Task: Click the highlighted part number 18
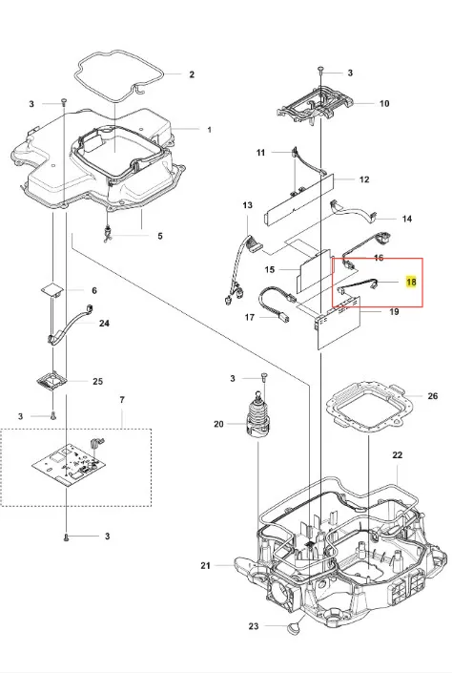click(x=411, y=282)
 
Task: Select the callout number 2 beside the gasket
click(x=192, y=74)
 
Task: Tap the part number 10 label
click(x=384, y=103)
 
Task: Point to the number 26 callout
click(x=433, y=396)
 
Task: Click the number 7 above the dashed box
click(x=122, y=400)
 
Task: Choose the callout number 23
click(x=254, y=626)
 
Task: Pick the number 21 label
click(x=205, y=566)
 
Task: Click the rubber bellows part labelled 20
click(x=258, y=415)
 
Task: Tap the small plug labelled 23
click(x=293, y=628)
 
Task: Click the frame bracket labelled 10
click(x=318, y=104)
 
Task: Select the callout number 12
click(x=363, y=179)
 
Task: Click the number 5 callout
click(x=160, y=236)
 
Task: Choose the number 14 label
click(x=406, y=219)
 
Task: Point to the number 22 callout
click(x=398, y=455)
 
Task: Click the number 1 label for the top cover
click(x=209, y=129)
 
